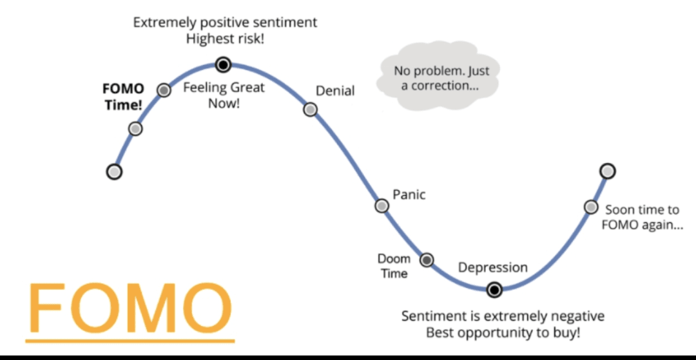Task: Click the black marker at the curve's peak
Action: (x=223, y=65)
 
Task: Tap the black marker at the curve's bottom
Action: (x=494, y=290)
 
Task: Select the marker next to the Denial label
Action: (x=310, y=109)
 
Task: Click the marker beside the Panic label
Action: (x=382, y=205)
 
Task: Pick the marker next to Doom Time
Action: (x=427, y=260)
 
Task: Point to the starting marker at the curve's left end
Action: (x=115, y=171)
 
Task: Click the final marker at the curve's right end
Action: (x=607, y=171)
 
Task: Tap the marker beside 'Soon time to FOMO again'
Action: (x=591, y=207)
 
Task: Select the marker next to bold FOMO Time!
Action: (x=164, y=90)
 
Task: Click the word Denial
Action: (x=335, y=91)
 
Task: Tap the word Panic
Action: (x=409, y=194)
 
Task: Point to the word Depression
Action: (x=493, y=268)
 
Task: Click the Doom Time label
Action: (x=393, y=266)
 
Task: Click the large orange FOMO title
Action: (x=130, y=303)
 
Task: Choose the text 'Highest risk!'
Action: (x=225, y=39)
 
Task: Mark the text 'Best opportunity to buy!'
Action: (x=503, y=332)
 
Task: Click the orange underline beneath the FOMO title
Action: (x=130, y=341)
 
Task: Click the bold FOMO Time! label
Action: (x=124, y=97)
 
